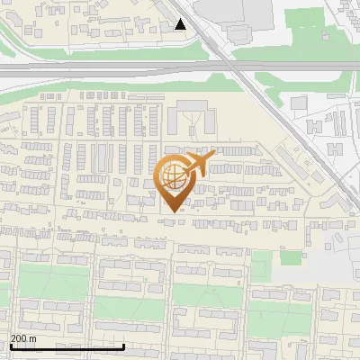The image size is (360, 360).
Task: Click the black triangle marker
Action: click(x=181, y=24)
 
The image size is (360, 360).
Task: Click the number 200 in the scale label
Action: click(x=20, y=338)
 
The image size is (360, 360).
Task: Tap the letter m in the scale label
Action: click(x=32, y=338)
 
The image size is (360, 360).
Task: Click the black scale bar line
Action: click(x=67, y=346)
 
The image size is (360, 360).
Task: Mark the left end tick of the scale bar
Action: click(x=10, y=345)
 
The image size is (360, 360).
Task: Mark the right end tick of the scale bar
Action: click(x=123, y=345)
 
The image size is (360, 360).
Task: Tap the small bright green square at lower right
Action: click(x=290, y=257)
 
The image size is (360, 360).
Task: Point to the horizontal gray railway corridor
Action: click(x=108, y=67)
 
